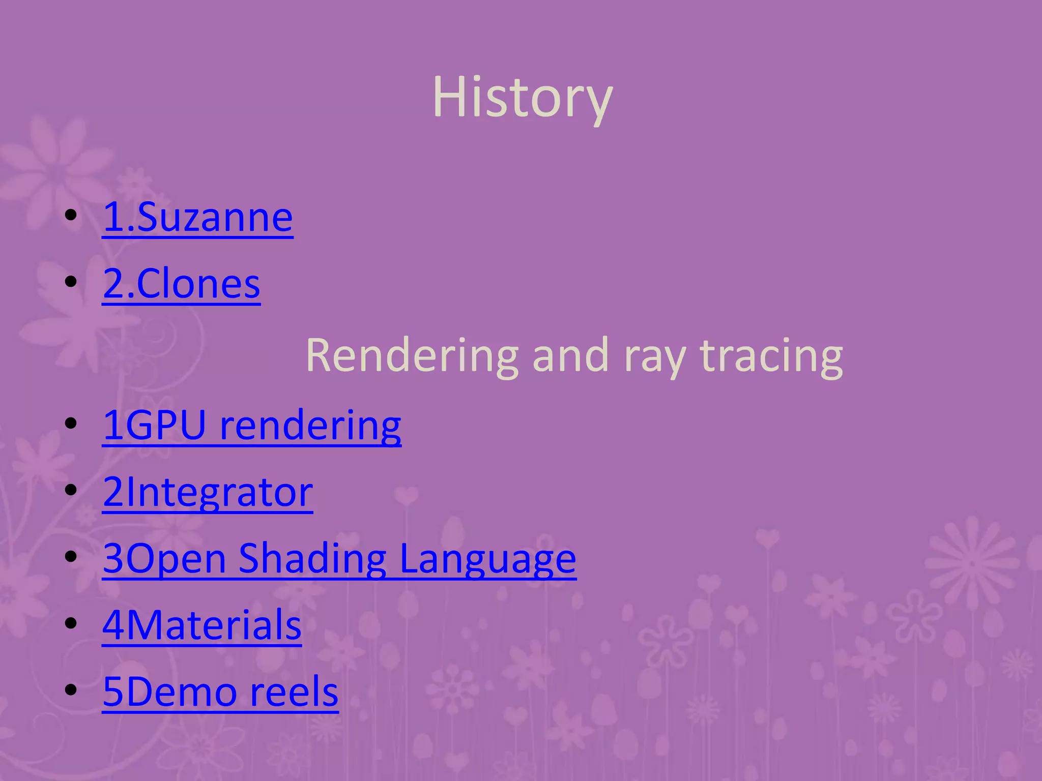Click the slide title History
pyautogui.click(x=523, y=97)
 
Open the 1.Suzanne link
pyautogui.click(x=198, y=218)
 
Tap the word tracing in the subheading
pyautogui.click(x=771, y=356)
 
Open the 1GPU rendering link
pyautogui.click(x=252, y=425)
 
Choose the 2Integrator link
pyautogui.click(x=208, y=492)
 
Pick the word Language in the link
pyautogui.click(x=487, y=559)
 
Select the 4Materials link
pyautogui.click(x=202, y=625)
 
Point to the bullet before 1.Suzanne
pyautogui.click(x=71, y=216)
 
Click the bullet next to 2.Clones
pyautogui.click(x=71, y=282)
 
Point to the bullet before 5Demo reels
pyautogui.click(x=71, y=690)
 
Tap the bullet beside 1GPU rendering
pyautogui.click(x=71, y=423)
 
